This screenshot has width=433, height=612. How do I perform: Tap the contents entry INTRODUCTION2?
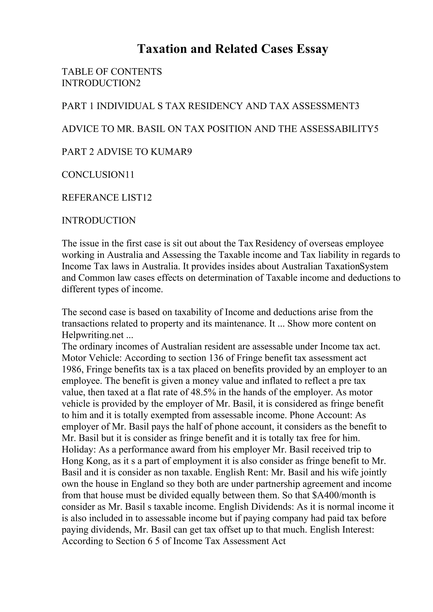coord(101,83)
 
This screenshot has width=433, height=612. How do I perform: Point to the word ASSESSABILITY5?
coord(339,129)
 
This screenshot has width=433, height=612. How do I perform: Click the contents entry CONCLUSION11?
coord(98,175)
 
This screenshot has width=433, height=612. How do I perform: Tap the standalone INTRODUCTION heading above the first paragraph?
coord(99,221)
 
